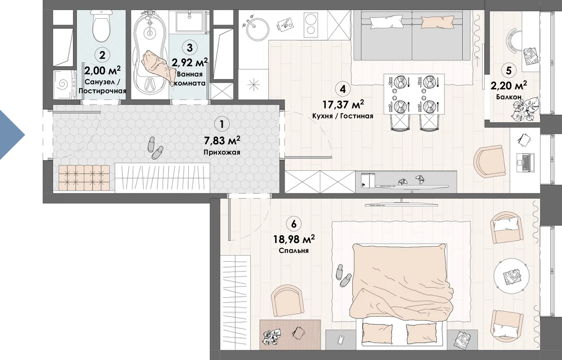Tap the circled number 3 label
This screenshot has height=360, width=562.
190,47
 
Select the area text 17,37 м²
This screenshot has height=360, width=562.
343,104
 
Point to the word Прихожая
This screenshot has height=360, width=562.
222,152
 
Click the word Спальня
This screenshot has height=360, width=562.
294,250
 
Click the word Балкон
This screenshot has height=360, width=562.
509,97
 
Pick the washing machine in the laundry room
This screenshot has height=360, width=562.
65,85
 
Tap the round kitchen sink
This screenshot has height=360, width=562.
257,30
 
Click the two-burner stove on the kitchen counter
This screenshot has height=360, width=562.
311,25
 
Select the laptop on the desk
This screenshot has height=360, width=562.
525,162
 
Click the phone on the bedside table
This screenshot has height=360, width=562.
341,340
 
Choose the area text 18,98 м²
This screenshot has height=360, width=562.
294,239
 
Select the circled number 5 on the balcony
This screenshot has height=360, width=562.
508,71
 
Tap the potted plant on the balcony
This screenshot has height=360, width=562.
525,110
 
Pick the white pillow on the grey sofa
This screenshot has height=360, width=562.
386,22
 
